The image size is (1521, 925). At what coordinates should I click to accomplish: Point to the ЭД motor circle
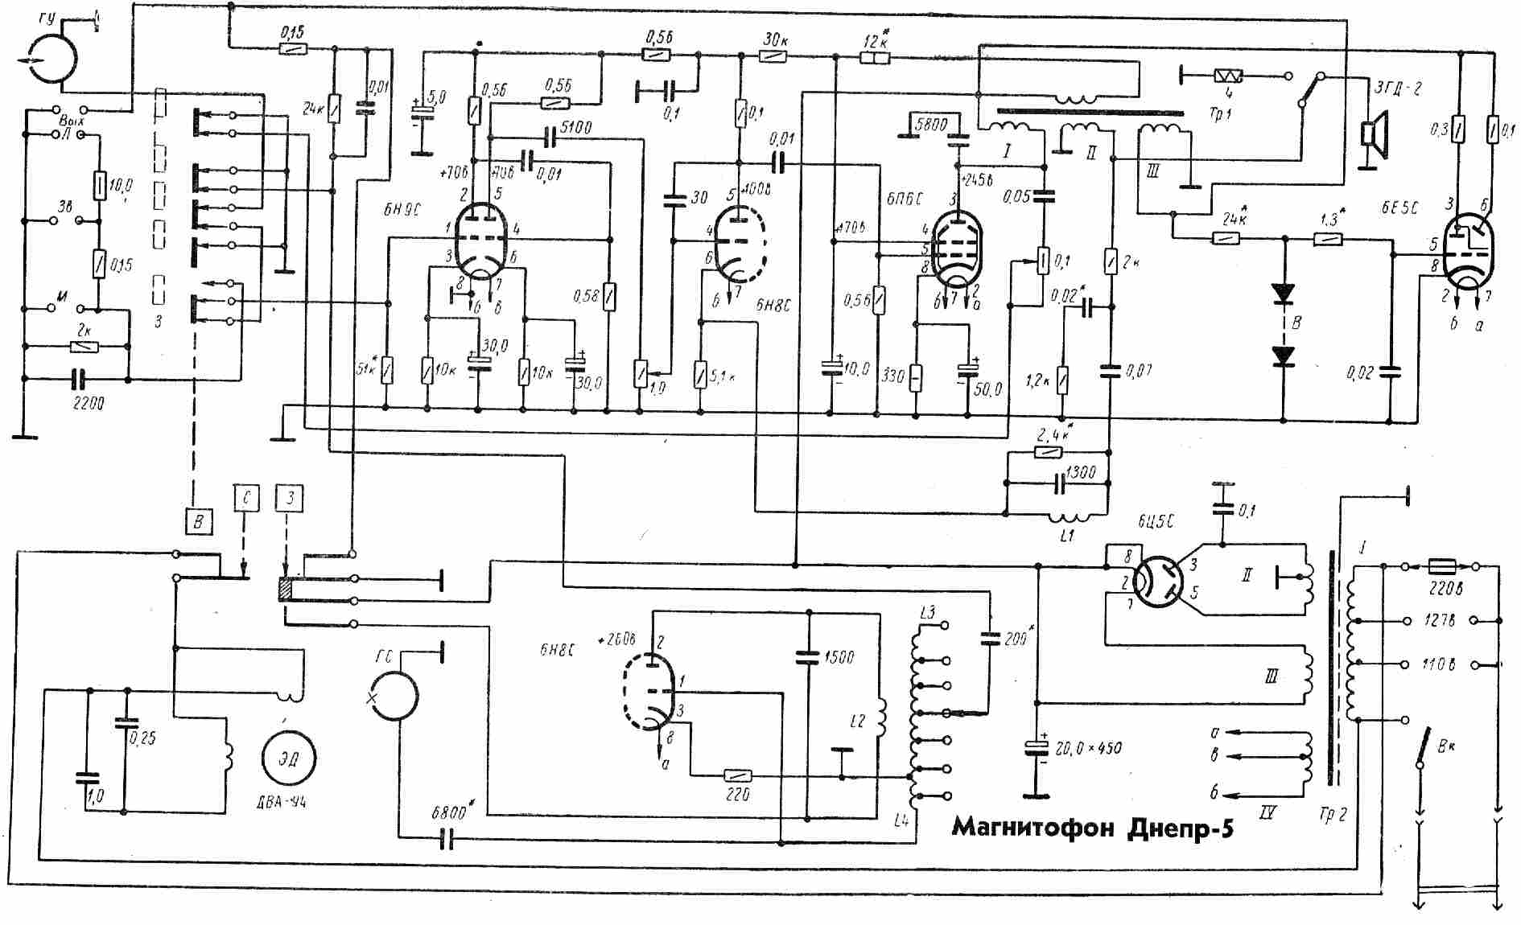pyautogui.click(x=288, y=758)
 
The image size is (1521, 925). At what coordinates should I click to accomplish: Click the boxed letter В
pyautogui.click(x=198, y=521)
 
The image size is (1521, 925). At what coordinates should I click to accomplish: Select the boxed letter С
pyautogui.click(x=246, y=499)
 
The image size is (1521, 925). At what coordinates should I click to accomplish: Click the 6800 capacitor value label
pyautogui.click(x=448, y=812)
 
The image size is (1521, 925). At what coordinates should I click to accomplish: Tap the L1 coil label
pyautogui.click(x=1066, y=536)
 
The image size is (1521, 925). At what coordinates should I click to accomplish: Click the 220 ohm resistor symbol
pyautogui.click(x=738, y=776)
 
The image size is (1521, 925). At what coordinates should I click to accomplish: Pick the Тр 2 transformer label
pyautogui.click(x=1333, y=815)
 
